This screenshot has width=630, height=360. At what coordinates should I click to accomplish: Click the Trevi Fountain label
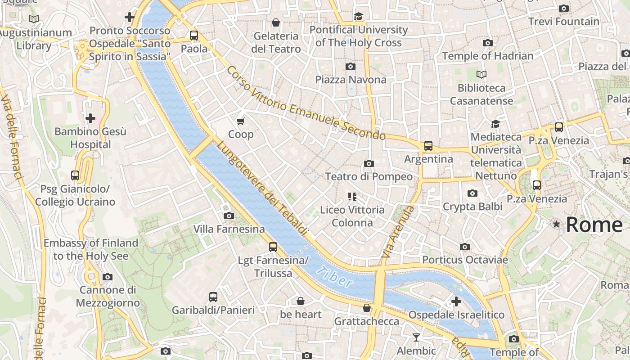coord(563,22)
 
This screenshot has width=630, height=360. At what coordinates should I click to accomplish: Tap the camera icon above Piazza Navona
coord(351,67)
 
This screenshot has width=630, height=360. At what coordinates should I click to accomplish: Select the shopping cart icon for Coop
coord(241,121)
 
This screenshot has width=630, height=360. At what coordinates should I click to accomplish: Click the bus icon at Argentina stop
coord(428,146)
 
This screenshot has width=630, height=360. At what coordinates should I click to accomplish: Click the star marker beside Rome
coord(557,224)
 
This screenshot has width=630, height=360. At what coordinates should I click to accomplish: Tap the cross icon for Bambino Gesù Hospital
coord(90,118)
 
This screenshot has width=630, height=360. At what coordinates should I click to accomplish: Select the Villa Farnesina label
coord(229,229)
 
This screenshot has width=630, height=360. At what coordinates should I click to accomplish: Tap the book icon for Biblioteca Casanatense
coord(481,75)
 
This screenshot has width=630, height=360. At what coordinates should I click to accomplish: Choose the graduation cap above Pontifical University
coord(358,17)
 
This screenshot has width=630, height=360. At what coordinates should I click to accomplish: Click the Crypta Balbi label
coord(472,207)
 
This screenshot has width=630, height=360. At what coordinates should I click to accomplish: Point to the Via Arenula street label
coord(397,232)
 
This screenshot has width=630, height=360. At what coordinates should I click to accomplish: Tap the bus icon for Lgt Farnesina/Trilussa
coord(273,247)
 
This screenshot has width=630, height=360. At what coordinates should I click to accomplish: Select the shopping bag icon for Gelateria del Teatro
coord(276,22)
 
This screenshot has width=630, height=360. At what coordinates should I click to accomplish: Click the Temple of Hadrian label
coord(487,56)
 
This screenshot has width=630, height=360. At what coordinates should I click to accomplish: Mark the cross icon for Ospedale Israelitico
coord(456,301)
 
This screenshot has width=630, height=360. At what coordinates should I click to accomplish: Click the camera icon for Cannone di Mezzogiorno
coord(108,277)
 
